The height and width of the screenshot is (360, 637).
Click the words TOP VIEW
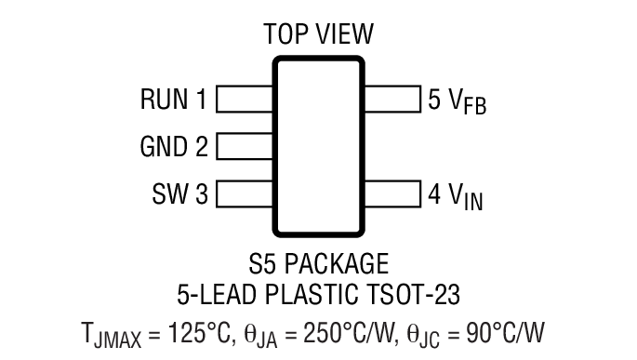click(318, 34)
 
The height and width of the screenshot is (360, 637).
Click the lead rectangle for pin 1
click(245, 99)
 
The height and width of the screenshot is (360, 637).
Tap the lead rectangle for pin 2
click(245, 147)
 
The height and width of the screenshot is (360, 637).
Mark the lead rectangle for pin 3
click(245, 195)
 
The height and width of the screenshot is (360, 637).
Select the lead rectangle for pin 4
click(391, 195)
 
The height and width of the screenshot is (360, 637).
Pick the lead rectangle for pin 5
click(391, 99)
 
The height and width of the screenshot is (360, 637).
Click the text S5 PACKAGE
click(318, 262)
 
